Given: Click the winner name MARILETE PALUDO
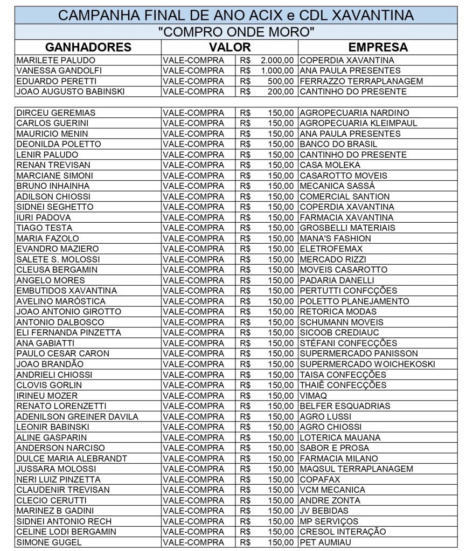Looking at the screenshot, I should pos(56,60).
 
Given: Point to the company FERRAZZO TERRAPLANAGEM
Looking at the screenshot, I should pos(361,81).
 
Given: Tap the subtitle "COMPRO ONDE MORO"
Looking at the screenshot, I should pos(236,32).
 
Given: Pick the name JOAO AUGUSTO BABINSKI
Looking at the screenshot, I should pos(71,91).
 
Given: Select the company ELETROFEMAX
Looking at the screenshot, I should pos(331,249).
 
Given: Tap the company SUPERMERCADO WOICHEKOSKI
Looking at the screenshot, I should pos(367,364).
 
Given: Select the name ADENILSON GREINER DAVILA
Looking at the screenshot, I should pos(78,416).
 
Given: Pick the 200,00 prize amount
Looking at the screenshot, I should pos(281,91).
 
